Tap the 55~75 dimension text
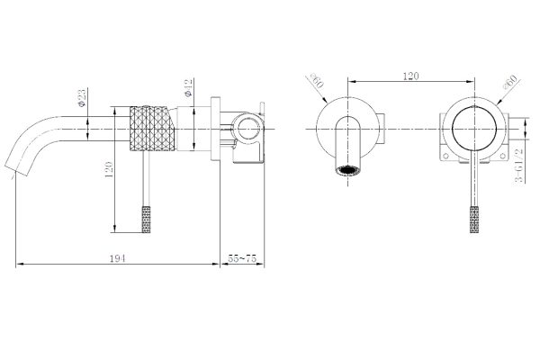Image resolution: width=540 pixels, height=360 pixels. tap(244, 259)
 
